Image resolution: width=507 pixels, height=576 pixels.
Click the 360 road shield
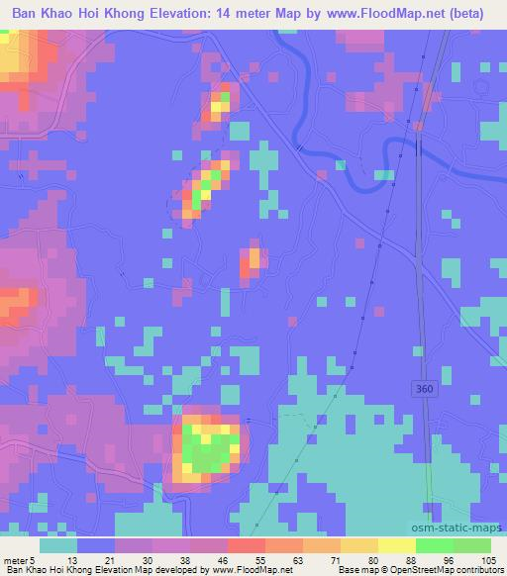(424, 389)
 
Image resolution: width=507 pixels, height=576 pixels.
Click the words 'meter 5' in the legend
(19, 560)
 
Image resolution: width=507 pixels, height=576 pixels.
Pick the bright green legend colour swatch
(437, 545)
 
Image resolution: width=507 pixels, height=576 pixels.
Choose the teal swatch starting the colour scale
(58, 545)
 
